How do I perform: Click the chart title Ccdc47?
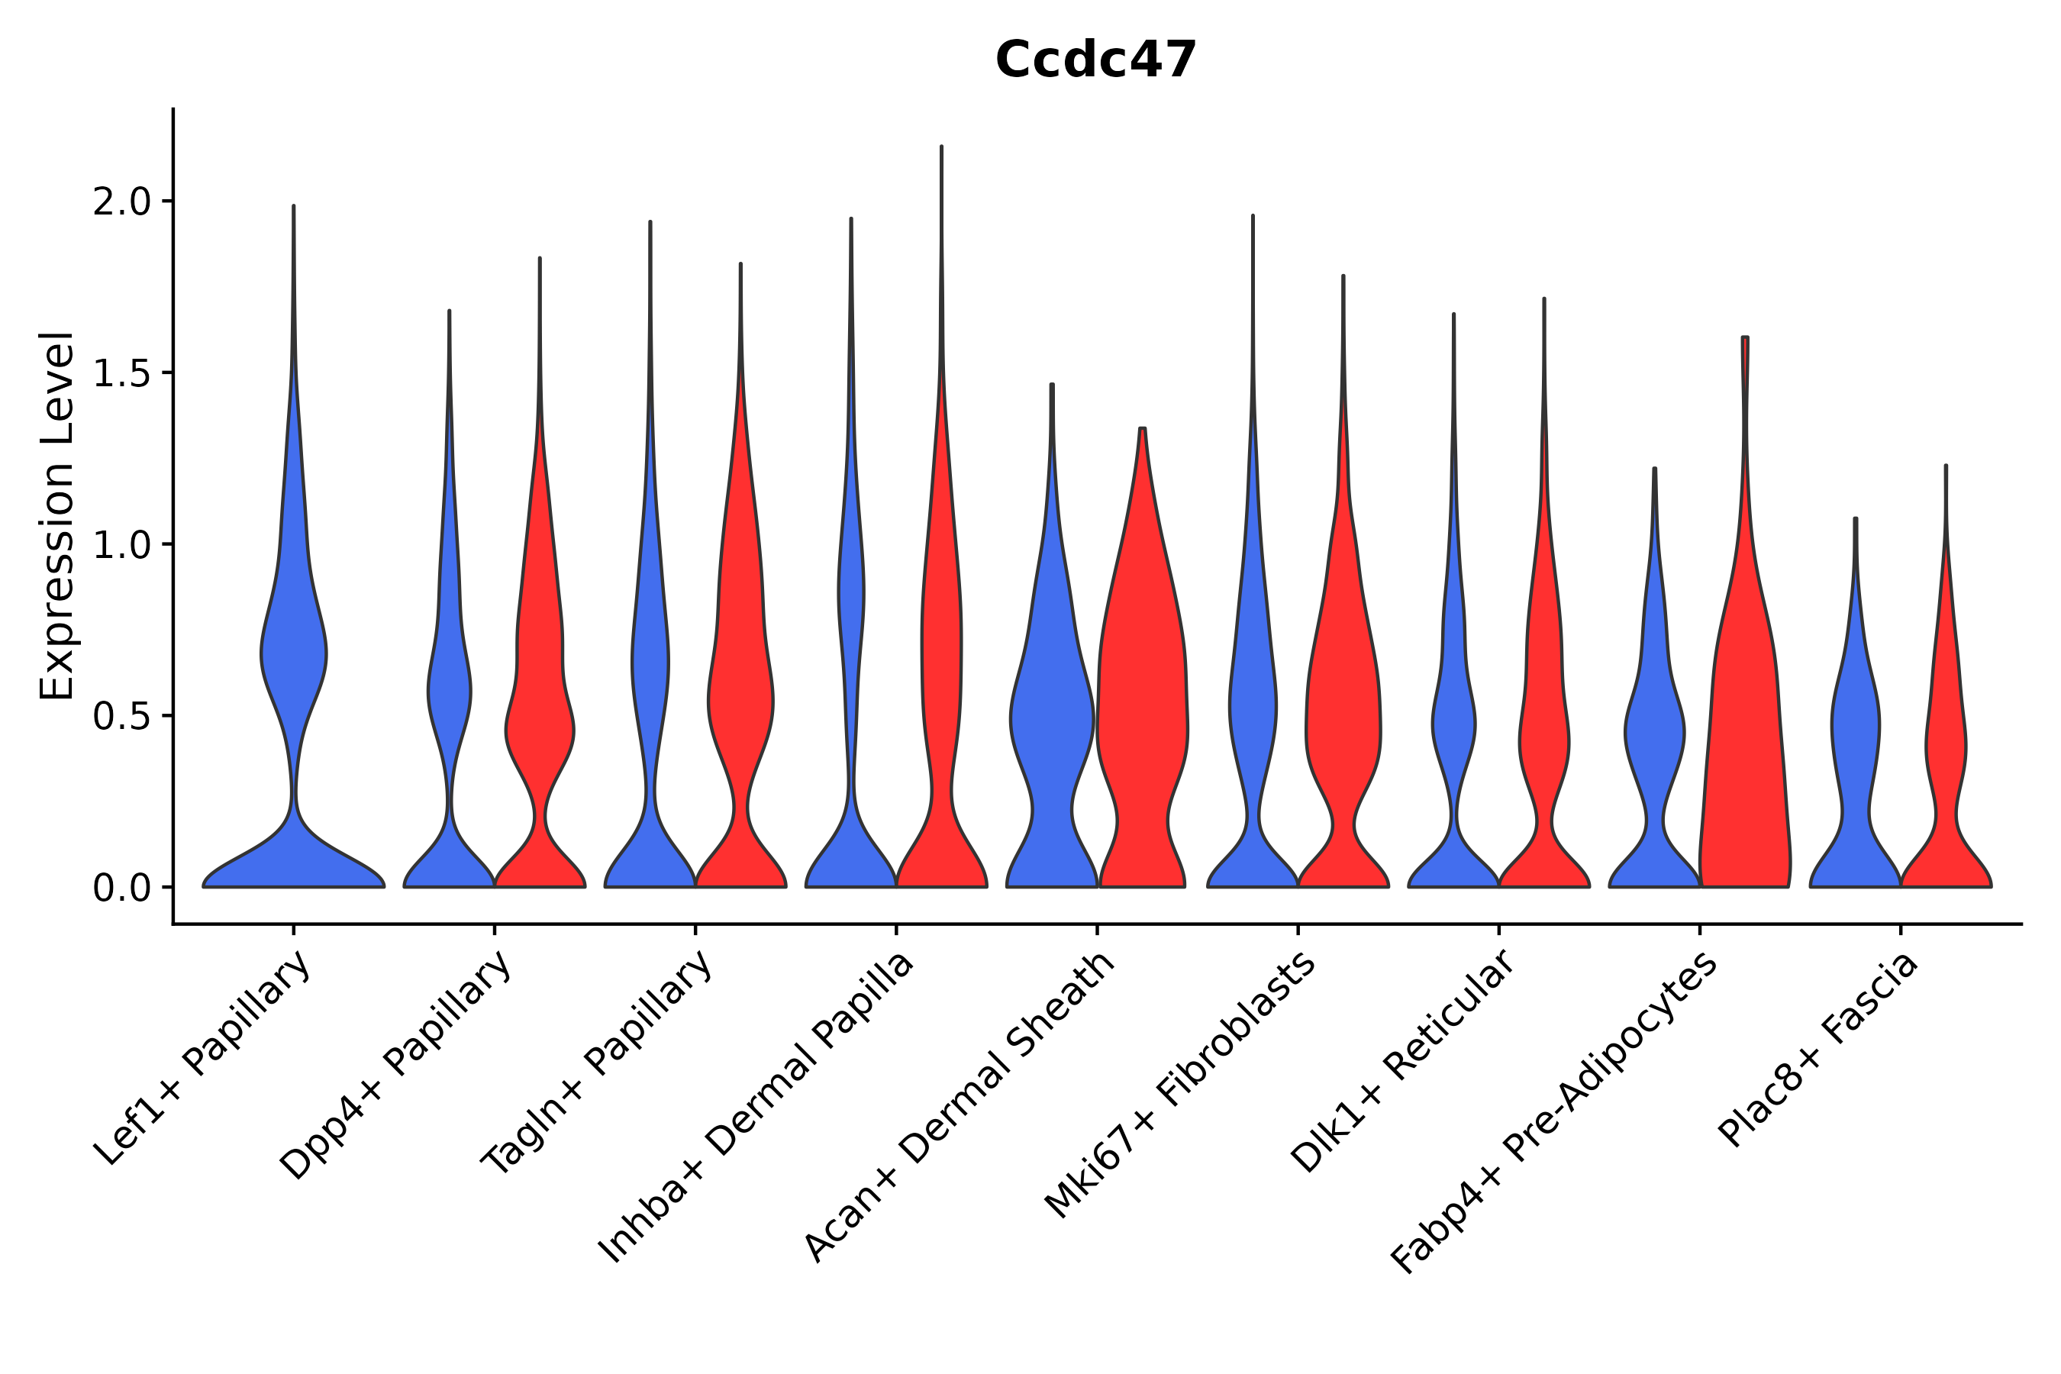tap(1095, 60)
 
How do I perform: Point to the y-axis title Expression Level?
tap(56, 516)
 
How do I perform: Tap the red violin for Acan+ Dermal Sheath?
tap(1142, 701)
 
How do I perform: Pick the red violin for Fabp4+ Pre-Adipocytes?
tap(1743, 745)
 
